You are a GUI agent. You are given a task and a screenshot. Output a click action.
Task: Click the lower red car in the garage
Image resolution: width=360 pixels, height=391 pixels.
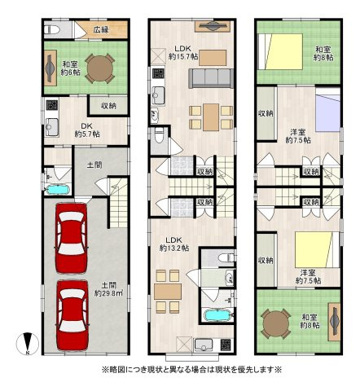tap(71, 314)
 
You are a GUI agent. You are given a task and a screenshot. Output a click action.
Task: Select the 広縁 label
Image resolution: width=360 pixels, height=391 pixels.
tap(101, 30)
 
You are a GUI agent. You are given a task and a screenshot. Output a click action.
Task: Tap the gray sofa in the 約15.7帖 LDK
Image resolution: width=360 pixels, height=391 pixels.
tap(209, 79)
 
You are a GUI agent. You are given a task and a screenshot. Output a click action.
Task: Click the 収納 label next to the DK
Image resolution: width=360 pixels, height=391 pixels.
tap(108, 106)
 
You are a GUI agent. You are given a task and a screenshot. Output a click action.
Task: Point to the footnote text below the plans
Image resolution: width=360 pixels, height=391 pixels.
tap(192, 370)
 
